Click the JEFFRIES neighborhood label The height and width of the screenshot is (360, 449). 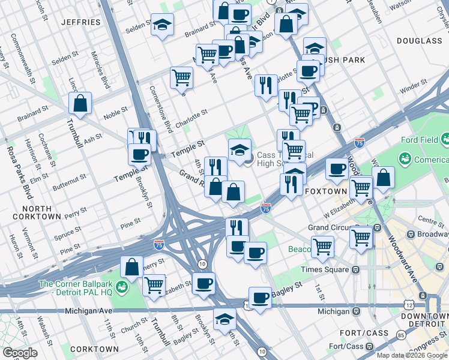coord(80,22)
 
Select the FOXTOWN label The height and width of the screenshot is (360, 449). coord(325,191)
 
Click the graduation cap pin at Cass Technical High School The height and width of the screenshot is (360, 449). coord(240,149)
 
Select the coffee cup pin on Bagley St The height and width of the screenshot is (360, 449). coord(260,298)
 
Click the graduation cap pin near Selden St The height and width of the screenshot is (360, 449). coord(161,25)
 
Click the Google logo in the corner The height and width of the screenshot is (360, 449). coord(20,353)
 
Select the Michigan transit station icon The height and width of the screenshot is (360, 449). coord(356,311)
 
